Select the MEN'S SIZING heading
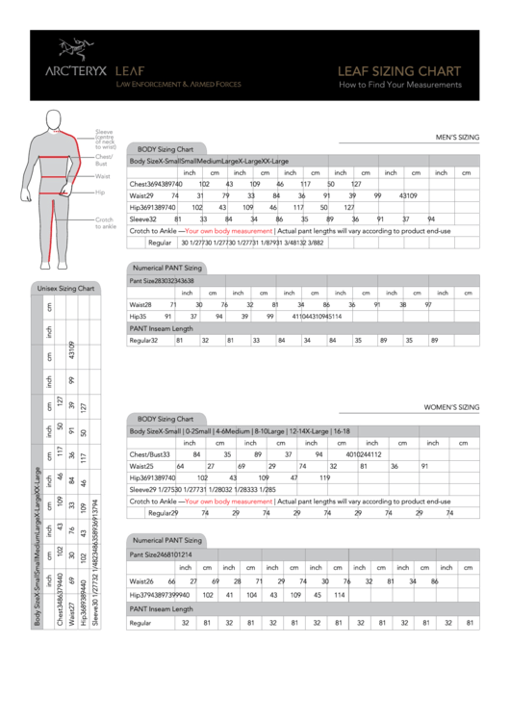pos(457,138)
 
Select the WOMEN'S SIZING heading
pos(451,407)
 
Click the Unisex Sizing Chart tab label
pos(65,288)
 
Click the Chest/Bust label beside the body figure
pos(104,160)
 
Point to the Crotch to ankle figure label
pos(105,223)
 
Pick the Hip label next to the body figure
pos(99,193)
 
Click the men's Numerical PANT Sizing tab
pos(167,268)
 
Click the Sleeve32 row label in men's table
pos(143,219)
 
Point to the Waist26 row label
pos(141,581)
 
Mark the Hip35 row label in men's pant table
pos(138,316)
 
